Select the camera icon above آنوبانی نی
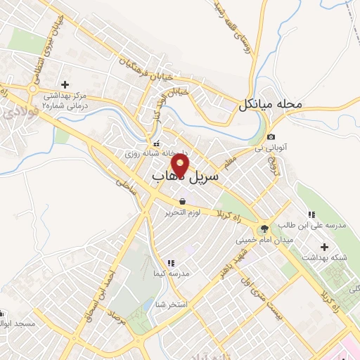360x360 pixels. [x=272, y=136]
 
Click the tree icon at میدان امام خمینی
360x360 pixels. [x=264, y=228]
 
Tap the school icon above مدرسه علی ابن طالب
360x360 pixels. [x=311, y=214]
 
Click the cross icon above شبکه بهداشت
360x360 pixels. [x=324, y=247]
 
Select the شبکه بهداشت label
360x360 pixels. [x=324, y=258]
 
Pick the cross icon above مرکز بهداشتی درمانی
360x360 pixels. [x=65, y=84]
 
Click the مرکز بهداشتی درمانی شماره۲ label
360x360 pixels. [x=65, y=99]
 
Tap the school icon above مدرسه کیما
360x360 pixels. [x=170, y=263]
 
